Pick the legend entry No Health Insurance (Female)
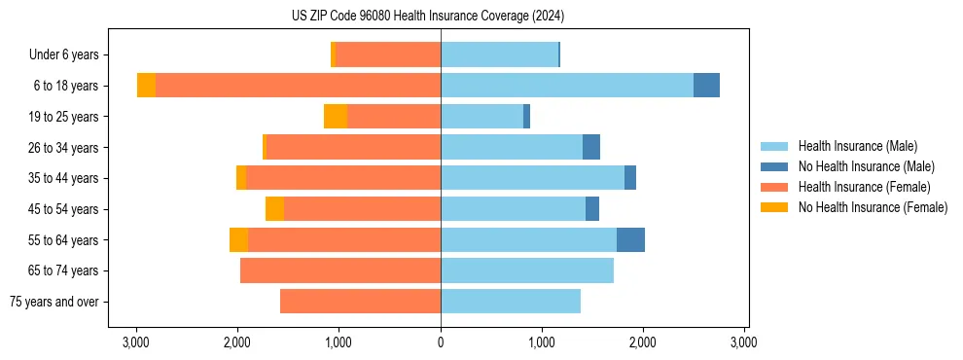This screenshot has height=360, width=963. (873, 207)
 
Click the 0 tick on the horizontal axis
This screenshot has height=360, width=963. (441, 342)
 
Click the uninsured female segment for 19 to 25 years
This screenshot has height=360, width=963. (336, 117)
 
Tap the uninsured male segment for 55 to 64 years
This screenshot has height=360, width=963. (630, 240)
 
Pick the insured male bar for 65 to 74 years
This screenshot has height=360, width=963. (527, 270)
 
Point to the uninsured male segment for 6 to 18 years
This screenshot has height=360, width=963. (706, 86)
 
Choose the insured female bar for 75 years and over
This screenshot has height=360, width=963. (360, 302)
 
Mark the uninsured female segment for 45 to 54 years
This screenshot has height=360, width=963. (274, 209)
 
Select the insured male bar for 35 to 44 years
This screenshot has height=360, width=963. (532, 178)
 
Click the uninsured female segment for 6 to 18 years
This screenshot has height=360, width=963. (146, 86)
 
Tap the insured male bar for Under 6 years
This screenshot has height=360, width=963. (499, 55)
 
